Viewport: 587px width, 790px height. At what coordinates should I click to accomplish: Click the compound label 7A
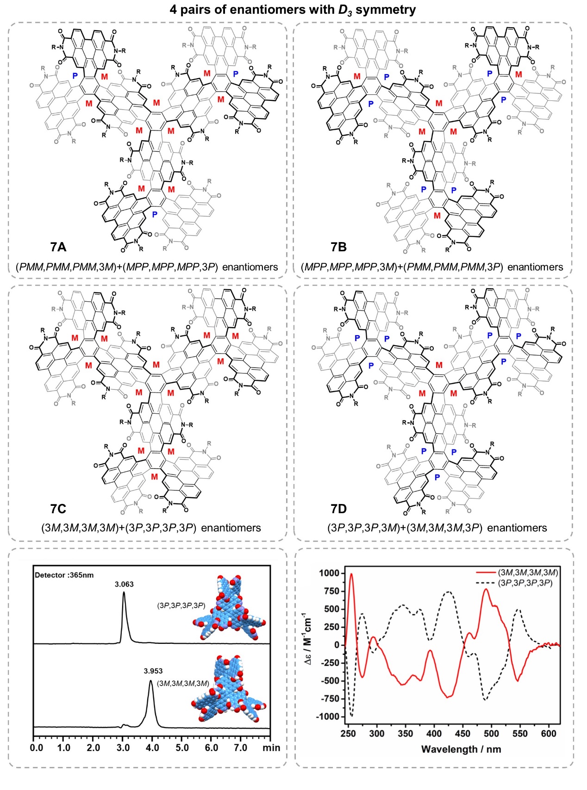58,247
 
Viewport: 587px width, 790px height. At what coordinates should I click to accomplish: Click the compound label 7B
338,247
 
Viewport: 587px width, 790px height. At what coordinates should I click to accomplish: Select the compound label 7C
58,509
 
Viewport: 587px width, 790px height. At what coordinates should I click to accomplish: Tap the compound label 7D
338,509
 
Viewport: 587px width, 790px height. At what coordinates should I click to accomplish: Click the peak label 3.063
124,584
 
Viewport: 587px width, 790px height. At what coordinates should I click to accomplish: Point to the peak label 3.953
153,671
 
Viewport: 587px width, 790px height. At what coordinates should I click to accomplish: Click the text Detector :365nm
64,575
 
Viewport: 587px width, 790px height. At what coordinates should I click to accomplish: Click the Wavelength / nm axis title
461,749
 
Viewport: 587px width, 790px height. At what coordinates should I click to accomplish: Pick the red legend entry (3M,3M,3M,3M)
528,572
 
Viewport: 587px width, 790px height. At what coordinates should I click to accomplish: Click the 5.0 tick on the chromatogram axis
182,747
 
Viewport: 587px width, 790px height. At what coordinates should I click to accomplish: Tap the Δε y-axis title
307,639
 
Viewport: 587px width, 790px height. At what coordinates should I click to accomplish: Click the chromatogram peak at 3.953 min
150,681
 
